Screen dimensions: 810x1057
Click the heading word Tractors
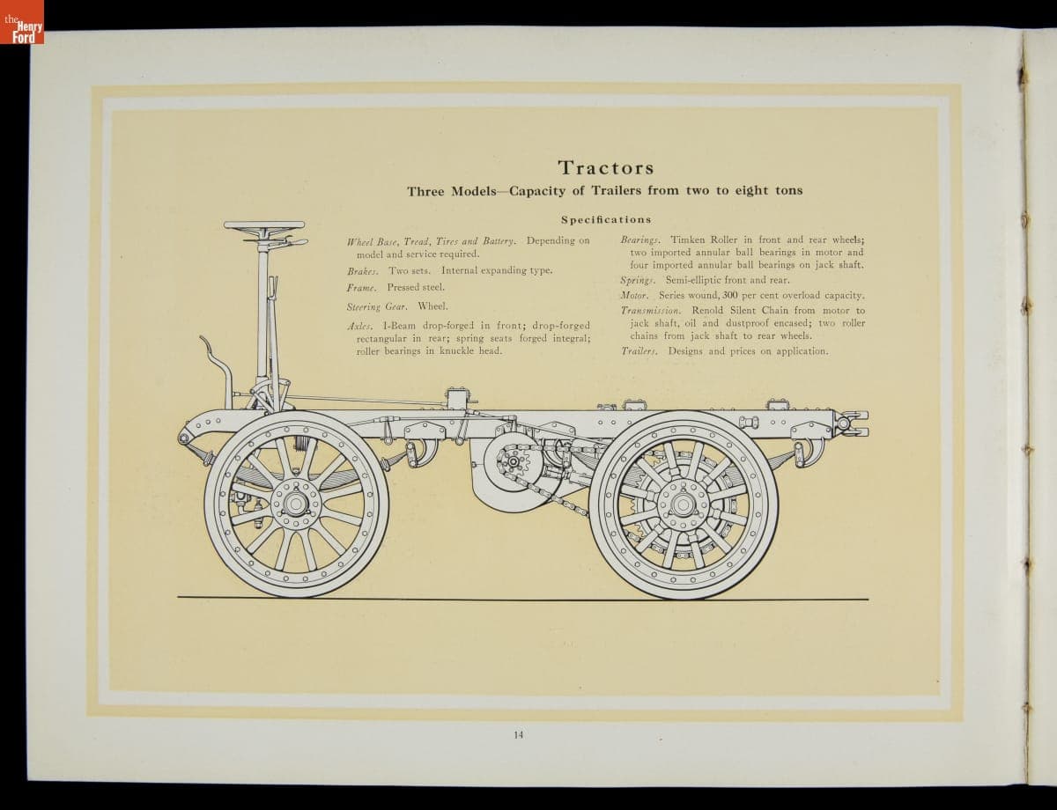(605, 167)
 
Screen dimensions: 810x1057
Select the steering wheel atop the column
(264, 226)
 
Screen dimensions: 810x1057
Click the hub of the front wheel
(295, 504)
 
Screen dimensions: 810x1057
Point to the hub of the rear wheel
(683, 504)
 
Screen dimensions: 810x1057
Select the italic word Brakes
(362, 271)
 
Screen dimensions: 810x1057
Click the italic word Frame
(361, 288)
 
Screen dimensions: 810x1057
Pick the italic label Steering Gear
(377, 307)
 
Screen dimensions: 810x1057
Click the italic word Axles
(359, 326)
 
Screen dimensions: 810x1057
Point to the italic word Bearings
(640, 240)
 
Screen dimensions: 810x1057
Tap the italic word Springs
(639, 280)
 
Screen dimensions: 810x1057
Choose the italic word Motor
(634, 296)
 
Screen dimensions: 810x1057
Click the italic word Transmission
(651, 311)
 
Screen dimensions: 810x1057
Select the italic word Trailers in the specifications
(639, 351)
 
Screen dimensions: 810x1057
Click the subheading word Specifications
(605, 219)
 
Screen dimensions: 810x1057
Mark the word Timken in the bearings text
(687, 240)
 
